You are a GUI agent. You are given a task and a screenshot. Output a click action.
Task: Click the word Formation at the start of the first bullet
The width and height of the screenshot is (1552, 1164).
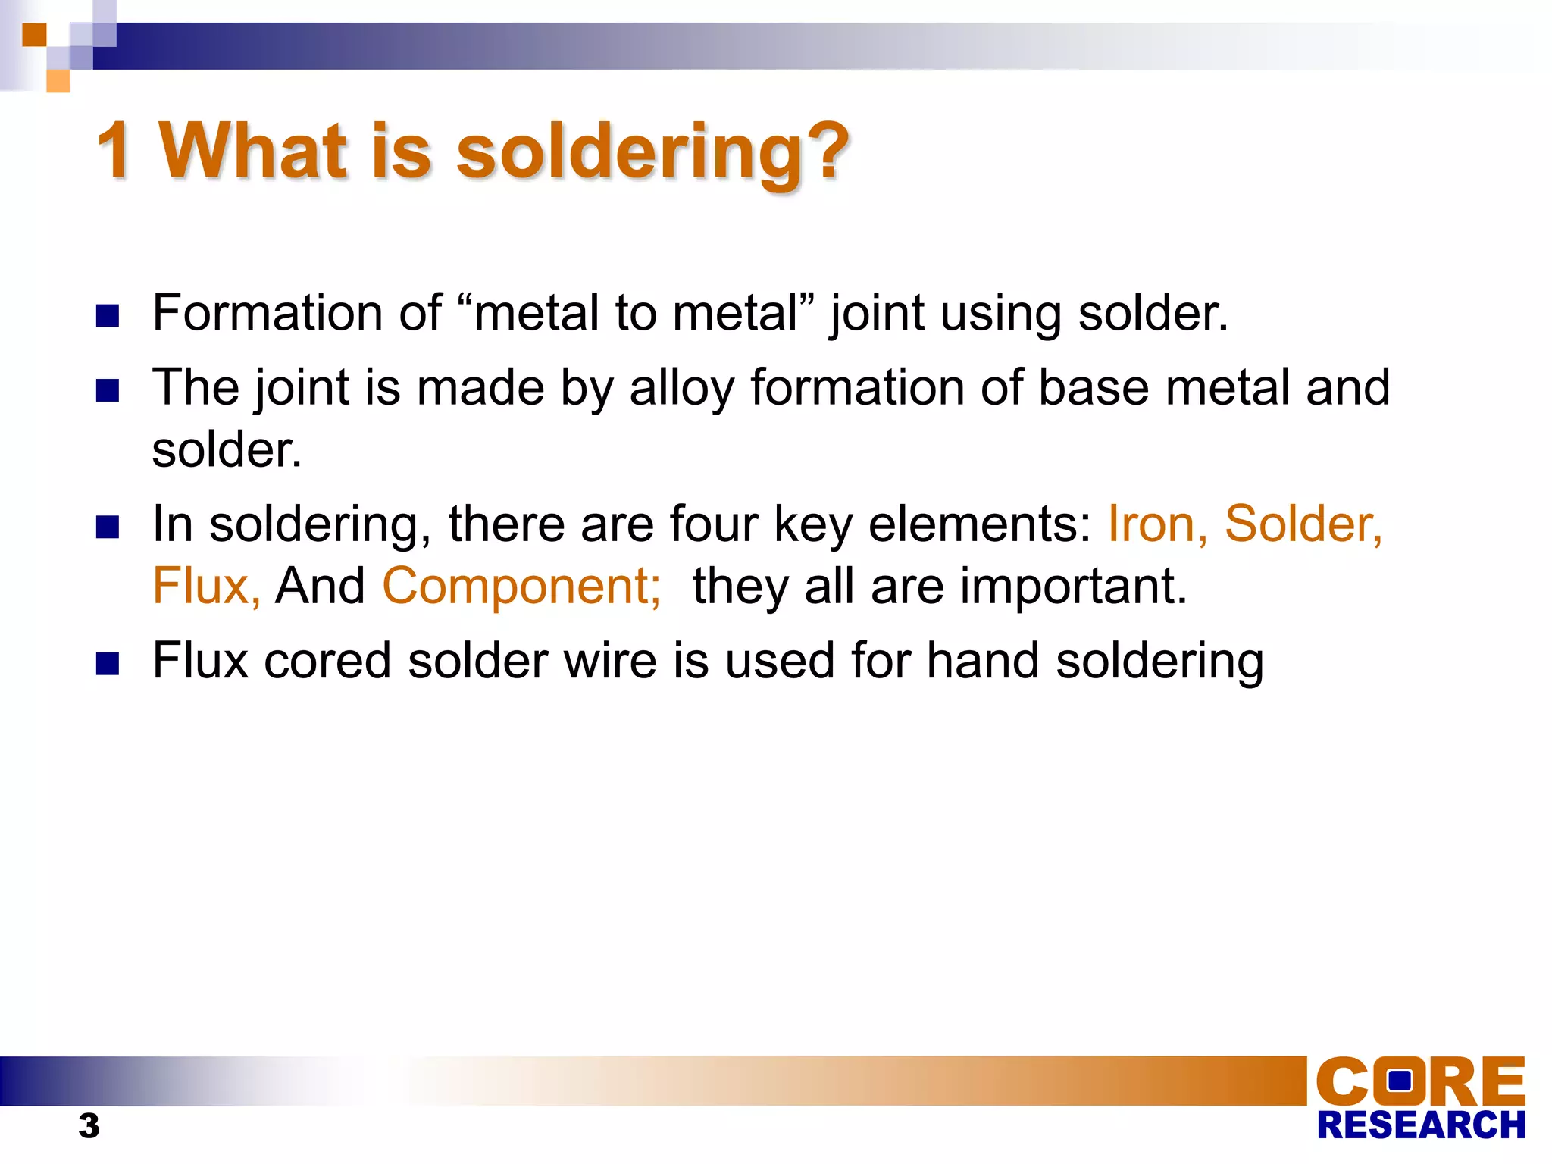click(x=267, y=313)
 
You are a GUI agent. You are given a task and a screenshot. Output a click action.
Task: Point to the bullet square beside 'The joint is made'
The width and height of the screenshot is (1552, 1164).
click(x=108, y=390)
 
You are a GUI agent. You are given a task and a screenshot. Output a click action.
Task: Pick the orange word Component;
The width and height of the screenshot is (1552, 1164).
click(x=521, y=587)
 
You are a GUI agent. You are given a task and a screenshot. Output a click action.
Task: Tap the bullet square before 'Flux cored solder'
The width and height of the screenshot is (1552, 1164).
click(x=108, y=663)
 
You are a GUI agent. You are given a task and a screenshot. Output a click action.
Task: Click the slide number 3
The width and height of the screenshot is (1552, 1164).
click(x=89, y=1126)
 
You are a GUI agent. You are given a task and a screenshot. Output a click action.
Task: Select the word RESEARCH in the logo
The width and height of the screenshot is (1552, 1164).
click(x=1421, y=1125)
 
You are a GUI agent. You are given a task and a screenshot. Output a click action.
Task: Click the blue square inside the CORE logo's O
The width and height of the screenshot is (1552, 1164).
click(x=1400, y=1080)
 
